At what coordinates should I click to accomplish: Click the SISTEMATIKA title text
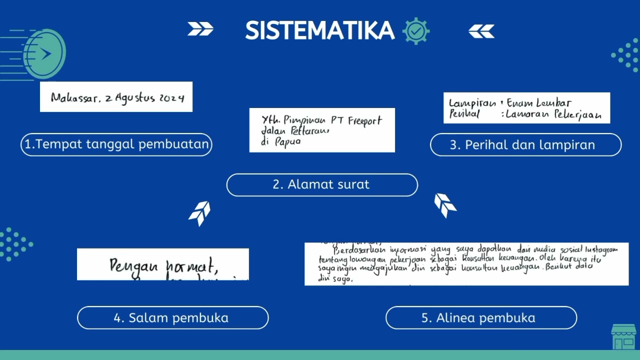pyautogui.click(x=319, y=31)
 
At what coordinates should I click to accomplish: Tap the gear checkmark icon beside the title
pyautogui.click(x=416, y=31)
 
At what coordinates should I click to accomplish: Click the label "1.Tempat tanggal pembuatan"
pyautogui.click(x=116, y=144)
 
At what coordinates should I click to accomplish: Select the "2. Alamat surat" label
pyautogui.click(x=321, y=184)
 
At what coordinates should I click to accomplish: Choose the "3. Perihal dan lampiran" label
pyautogui.click(x=525, y=145)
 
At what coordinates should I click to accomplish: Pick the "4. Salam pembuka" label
pyautogui.click(x=172, y=317)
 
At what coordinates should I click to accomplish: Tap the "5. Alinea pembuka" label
pyautogui.click(x=481, y=317)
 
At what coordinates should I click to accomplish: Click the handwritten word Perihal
pyautogui.click(x=464, y=114)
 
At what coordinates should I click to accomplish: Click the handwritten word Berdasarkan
pyautogui.click(x=355, y=249)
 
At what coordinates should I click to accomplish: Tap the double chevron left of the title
pyautogui.click(x=200, y=29)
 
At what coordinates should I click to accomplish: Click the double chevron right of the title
pyautogui.click(x=481, y=31)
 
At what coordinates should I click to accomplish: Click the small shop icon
pyautogui.click(x=623, y=336)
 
